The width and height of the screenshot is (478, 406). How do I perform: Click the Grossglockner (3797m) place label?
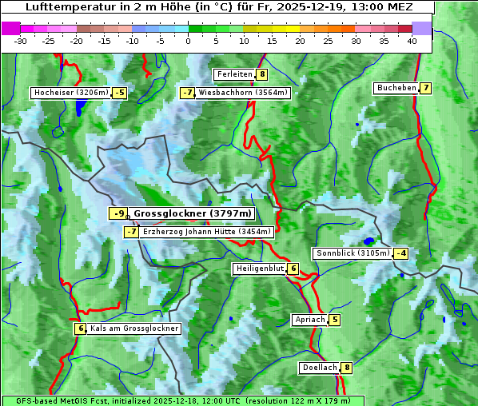point(192,213)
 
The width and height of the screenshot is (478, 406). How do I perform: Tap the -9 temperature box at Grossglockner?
point(118,213)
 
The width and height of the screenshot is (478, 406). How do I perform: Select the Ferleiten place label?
point(235,74)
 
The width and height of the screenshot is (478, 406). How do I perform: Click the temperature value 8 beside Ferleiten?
point(262,74)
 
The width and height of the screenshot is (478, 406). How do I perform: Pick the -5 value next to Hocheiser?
point(119,93)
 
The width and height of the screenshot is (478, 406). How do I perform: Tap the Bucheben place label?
point(396,88)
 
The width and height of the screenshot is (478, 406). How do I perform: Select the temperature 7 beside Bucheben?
point(426,88)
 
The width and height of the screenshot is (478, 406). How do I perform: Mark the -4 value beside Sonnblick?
point(401,253)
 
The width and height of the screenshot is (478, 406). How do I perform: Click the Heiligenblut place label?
point(259,269)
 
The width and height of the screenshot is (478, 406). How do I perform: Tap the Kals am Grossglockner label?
point(134,328)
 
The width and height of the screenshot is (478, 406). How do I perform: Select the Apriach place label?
point(309,320)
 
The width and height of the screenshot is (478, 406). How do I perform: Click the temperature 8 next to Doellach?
point(347,368)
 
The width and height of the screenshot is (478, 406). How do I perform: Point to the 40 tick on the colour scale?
point(412,42)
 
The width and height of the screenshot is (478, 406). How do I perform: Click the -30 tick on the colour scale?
point(22,42)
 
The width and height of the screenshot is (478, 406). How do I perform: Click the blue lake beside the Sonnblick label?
point(368,241)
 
